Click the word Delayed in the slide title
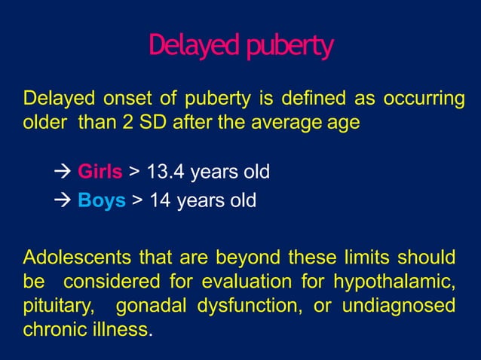point(190,47)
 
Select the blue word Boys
point(102,201)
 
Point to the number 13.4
point(164,172)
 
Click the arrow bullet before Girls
point(63,172)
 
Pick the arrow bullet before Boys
point(63,201)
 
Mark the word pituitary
point(53,306)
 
